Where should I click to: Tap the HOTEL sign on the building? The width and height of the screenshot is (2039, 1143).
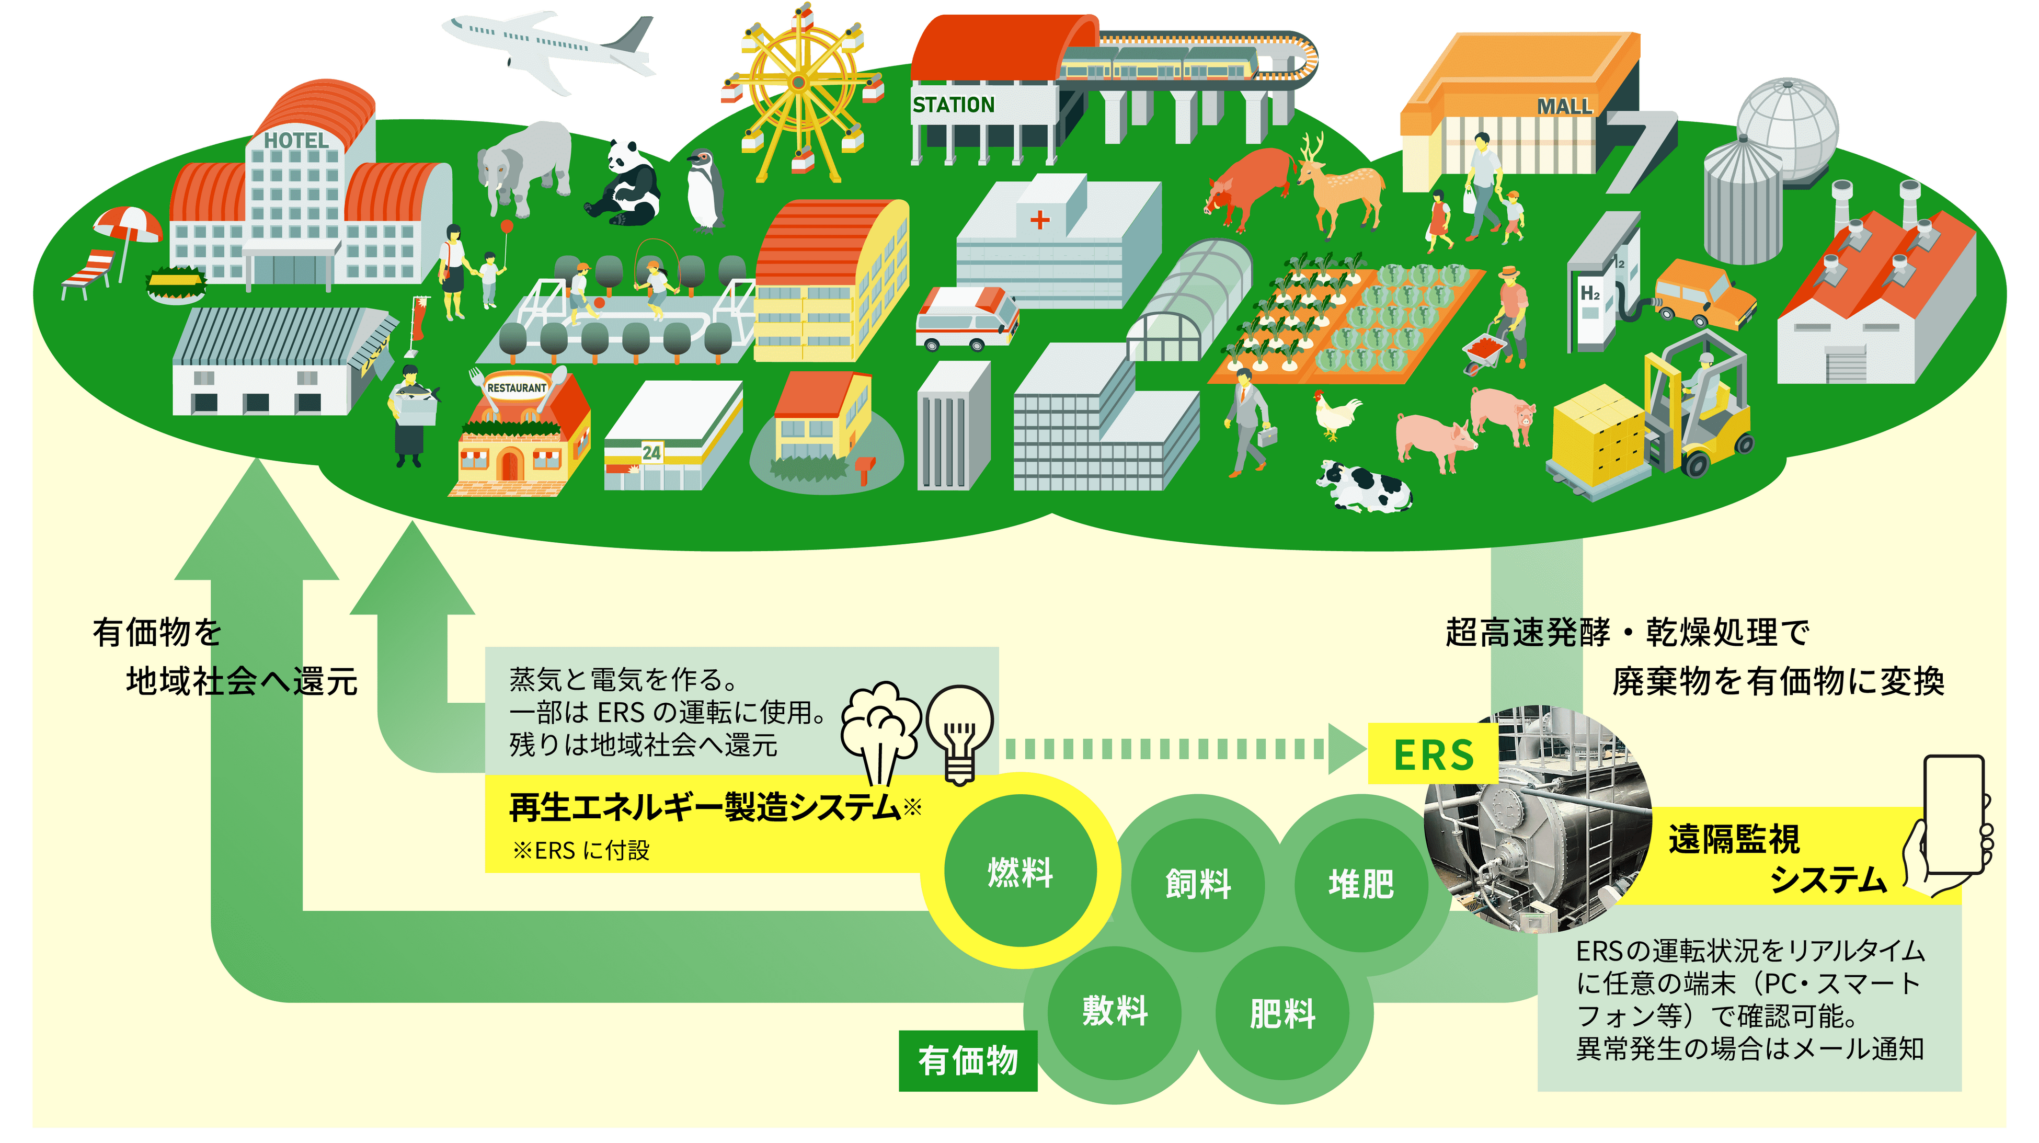[296, 141]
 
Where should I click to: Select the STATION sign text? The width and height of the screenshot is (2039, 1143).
[953, 105]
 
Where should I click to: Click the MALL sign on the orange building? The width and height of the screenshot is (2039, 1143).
[1563, 106]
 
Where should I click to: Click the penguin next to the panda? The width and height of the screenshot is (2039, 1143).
[704, 190]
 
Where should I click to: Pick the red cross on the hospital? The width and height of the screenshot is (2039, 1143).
[1039, 219]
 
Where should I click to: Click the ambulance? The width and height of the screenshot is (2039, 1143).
[966, 320]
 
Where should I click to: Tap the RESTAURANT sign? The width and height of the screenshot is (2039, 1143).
[517, 388]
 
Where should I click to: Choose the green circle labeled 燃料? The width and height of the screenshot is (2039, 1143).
[1021, 872]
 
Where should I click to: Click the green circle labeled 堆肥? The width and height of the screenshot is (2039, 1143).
[1361, 884]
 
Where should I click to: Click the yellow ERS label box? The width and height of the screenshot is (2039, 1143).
[1433, 755]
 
